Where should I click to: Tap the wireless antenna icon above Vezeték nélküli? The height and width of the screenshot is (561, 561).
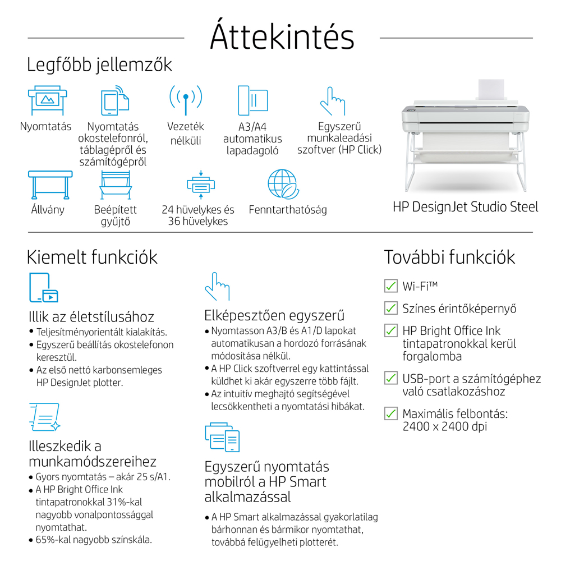coord(186,100)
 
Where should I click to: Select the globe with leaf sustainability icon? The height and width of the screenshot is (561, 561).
coord(283,184)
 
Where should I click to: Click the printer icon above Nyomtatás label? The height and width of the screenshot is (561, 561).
coord(48,100)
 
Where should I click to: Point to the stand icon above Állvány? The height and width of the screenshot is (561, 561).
coord(50,185)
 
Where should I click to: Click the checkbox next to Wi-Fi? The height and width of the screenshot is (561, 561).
coord(390,286)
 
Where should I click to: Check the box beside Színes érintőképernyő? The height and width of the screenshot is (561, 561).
coord(390,308)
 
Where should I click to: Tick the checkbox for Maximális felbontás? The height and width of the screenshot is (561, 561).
coord(390,413)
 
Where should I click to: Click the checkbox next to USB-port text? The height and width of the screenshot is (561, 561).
coord(390,378)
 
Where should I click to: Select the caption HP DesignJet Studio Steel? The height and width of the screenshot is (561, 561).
coord(465,207)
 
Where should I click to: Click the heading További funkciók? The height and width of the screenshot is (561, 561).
coord(449,257)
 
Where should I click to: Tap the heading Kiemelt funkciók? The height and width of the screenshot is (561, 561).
coord(92,257)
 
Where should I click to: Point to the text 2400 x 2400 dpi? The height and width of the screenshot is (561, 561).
coord(445,426)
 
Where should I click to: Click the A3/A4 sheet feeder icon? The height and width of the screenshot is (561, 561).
coord(253,100)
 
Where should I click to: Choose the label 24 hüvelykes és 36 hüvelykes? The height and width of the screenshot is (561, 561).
coord(198,215)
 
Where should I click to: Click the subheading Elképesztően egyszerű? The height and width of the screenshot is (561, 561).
coord(274,315)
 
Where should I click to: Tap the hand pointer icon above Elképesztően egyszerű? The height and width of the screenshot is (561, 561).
coord(217,286)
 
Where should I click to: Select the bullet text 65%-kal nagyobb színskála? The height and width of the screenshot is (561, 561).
coord(94,540)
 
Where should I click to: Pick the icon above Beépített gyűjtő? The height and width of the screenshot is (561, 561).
coord(116,185)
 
